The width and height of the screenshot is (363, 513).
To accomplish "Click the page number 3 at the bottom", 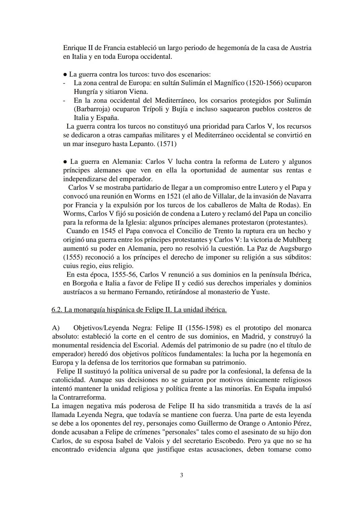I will [182, 475].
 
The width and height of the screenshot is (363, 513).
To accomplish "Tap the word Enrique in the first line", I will [75, 48].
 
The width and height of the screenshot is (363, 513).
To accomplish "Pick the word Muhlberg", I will [295, 240].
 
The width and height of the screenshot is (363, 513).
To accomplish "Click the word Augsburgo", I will [292, 248].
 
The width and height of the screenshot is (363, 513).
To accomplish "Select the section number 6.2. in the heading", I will [57, 310].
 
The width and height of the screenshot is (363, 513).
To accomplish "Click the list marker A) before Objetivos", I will [56, 328].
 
